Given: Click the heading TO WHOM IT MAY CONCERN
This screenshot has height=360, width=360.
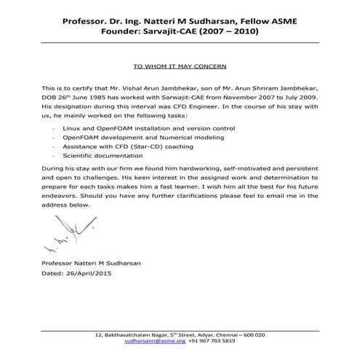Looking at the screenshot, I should (180, 63).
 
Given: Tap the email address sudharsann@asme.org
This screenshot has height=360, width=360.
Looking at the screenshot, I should (155, 340).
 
